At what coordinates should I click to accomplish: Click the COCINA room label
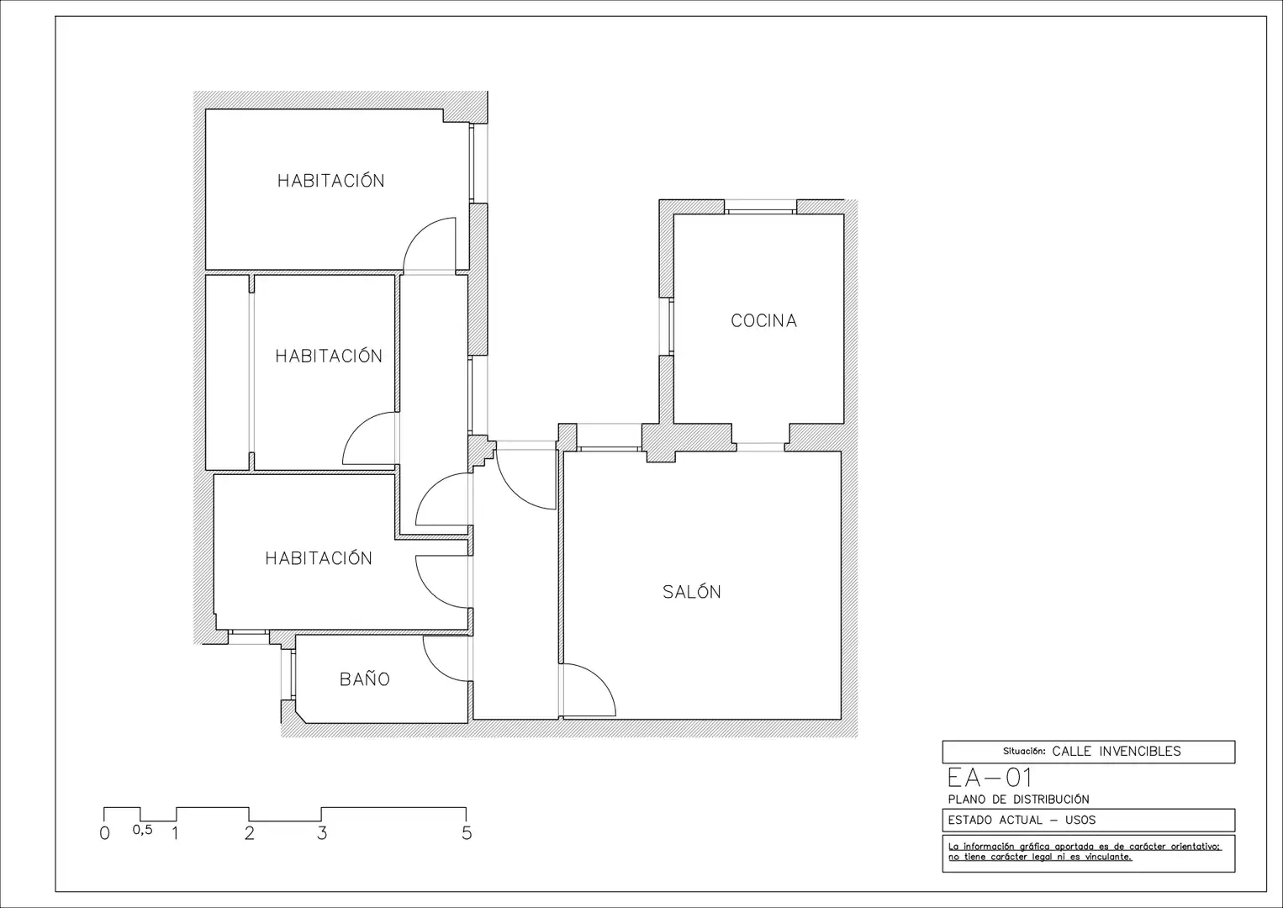(763, 320)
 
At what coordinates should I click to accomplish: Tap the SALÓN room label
(692, 591)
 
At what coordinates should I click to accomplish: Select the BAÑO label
(365, 678)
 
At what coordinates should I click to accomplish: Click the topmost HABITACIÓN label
(331, 180)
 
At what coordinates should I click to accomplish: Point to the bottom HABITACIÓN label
(319, 557)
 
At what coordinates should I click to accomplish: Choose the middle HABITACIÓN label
(329, 355)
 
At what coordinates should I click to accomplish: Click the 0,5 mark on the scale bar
(143, 830)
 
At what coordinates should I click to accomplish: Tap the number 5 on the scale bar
(467, 833)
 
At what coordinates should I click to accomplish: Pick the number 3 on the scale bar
(322, 833)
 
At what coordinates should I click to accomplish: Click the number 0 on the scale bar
(104, 833)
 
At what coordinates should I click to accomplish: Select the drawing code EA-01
(990, 778)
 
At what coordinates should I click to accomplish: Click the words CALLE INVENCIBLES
(1117, 751)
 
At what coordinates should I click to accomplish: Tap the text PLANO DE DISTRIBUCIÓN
(1018, 800)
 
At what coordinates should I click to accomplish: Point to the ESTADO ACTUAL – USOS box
(1088, 820)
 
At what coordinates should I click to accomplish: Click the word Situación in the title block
(1023, 751)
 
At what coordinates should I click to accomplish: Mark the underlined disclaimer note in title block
(1085, 852)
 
